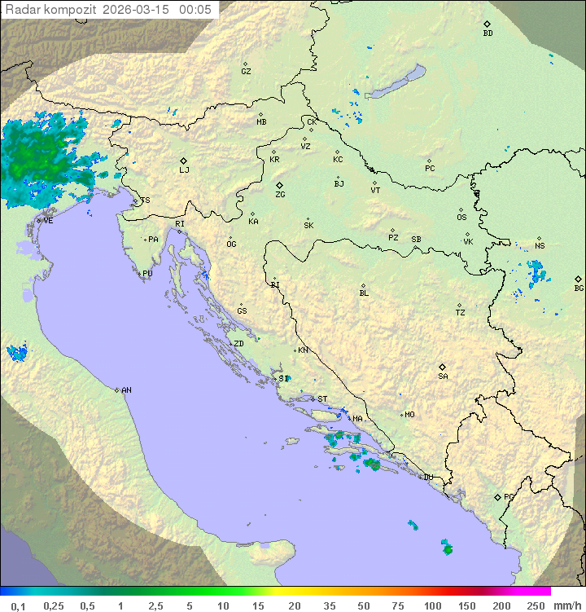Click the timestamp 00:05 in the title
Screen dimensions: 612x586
(x=195, y=10)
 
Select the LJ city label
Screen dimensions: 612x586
(x=184, y=170)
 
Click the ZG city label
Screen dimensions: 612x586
(x=280, y=195)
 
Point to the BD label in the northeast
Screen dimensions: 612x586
(x=488, y=33)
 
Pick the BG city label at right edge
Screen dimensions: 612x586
(x=579, y=288)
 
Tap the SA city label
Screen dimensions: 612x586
(x=443, y=376)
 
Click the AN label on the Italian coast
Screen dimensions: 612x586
(x=126, y=390)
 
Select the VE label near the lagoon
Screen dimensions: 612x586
(x=48, y=221)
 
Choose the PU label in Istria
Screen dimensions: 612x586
(x=147, y=274)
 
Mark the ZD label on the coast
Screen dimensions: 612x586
(x=238, y=344)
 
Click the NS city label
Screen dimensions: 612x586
(x=540, y=246)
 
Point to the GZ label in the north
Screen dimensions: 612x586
(x=246, y=72)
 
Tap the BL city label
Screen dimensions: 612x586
(x=364, y=293)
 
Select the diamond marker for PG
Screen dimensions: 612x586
(x=498, y=496)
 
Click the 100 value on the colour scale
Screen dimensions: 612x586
(x=432, y=605)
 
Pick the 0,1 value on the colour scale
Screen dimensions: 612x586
(x=18, y=605)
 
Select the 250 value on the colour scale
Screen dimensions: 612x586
(x=536, y=605)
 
